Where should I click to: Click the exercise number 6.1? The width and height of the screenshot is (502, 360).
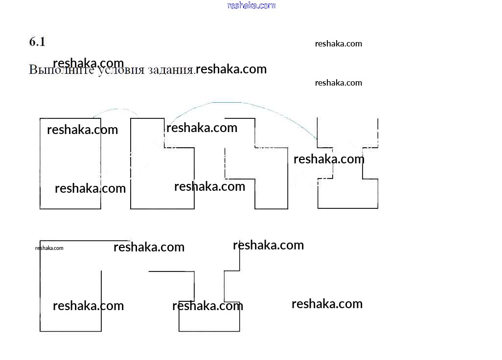[x=37, y=42]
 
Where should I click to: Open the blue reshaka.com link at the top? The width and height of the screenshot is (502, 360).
[x=251, y=5]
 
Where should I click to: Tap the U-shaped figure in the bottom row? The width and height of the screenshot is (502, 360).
[x=209, y=320]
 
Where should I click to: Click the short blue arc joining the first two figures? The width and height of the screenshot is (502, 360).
[x=116, y=110]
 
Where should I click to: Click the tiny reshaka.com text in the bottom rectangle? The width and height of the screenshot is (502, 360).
[x=49, y=248]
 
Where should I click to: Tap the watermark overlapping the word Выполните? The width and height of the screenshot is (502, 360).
[x=88, y=63]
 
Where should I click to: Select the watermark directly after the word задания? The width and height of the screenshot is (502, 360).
[x=231, y=69]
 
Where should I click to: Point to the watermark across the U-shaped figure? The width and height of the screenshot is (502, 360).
[x=207, y=306]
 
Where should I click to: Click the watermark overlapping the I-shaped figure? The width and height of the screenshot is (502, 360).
[x=329, y=159]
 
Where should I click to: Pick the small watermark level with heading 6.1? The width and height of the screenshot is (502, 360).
[x=339, y=44]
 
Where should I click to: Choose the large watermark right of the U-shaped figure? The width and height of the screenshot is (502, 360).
[x=327, y=304]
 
